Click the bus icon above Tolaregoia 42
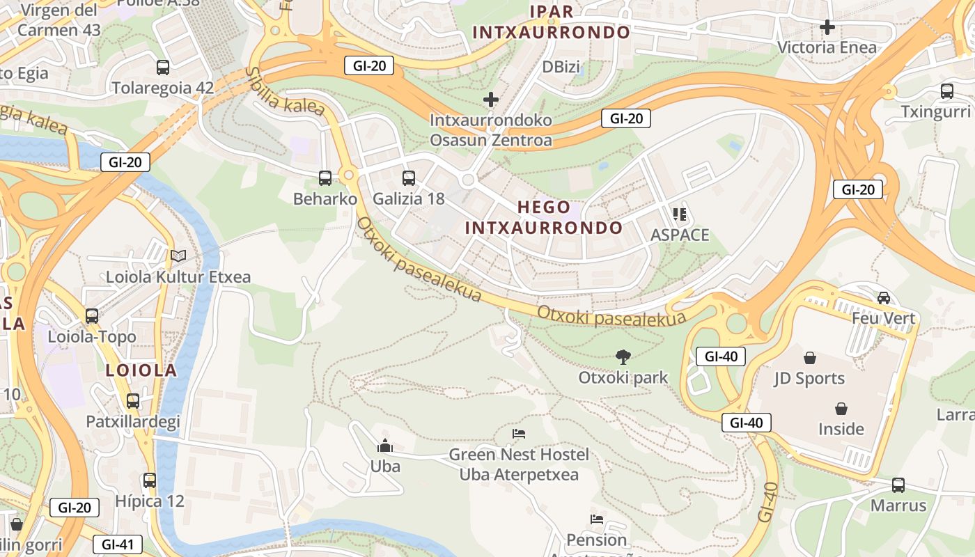163,68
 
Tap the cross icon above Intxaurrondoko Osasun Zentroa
491,100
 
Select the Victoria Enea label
827,47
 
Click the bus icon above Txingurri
946,91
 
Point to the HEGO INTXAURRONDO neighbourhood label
544,217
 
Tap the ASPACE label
680,235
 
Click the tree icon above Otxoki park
623,357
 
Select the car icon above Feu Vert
883,297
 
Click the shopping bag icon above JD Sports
809,358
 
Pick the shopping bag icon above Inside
841,408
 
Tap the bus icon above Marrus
898,485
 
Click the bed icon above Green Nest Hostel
519,434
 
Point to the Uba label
385,466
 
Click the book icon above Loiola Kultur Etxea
178,256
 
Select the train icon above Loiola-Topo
92,315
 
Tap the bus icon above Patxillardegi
133,400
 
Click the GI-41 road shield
117,544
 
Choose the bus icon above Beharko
325,178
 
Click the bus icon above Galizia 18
409,178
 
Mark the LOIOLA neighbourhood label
141,370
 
